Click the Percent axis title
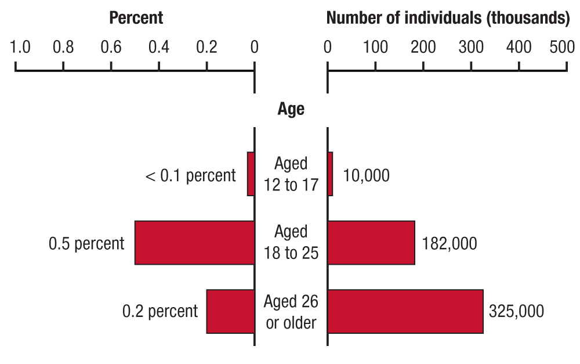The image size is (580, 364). click(x=136, y=18)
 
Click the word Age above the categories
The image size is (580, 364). click(x=291, y=109)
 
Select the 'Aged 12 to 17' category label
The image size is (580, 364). click(x=291, y=174)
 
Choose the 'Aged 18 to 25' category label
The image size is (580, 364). click(x=291, y=242)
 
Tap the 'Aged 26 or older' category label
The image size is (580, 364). click(x=291, y=311)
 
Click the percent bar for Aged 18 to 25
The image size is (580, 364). click(x=194, y=243)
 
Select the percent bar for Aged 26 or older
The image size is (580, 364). click(x=230, y=311)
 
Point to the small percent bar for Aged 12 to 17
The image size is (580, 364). click(x=251, y=174)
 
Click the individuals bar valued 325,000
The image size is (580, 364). click(x=405, y=311)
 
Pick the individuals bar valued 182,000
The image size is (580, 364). click(x=371, y=243)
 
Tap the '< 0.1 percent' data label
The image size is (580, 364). click(x=190, y=175)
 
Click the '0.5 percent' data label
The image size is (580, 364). click(x=86, y=243)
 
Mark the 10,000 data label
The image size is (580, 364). click(x=367, y=175)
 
